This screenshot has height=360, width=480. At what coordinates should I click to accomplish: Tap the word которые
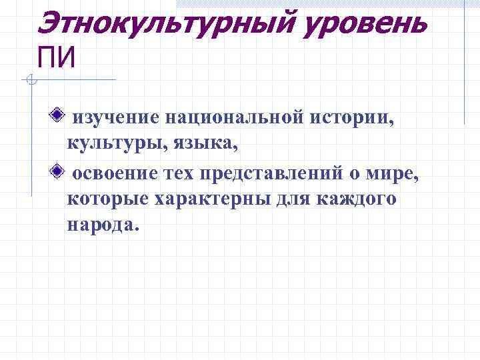click(107, 199)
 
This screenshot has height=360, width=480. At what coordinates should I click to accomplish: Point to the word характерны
click(211, 199)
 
